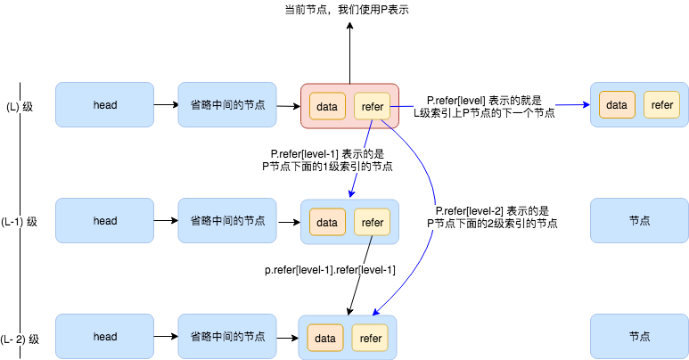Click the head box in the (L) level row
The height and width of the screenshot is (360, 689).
click(105, 105)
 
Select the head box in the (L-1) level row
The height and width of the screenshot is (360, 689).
click(105, 221)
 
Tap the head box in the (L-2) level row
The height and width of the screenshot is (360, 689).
click(105, 337)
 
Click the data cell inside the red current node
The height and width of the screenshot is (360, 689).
click(327, 106)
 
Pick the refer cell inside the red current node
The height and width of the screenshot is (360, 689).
click(372, 106)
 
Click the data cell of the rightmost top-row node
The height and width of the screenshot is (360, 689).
click(617, 105)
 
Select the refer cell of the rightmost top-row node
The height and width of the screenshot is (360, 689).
click(661, 105)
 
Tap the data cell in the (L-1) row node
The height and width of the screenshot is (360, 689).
click(327, 222)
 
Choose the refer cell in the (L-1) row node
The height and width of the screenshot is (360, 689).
click(372, 222)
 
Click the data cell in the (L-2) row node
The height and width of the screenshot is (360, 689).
click(325, 338)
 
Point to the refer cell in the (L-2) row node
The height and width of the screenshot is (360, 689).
click(370, 338)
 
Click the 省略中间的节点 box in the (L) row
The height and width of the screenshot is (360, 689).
click(227, 105)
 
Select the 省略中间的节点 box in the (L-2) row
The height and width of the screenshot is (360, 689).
click(227, 337)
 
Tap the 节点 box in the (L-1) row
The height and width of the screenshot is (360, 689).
click(639, 221)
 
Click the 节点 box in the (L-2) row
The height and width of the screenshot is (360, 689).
click(639, 337)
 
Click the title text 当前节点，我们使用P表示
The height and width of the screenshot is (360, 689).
click(349, 10)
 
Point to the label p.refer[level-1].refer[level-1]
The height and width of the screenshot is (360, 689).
click(330, 270)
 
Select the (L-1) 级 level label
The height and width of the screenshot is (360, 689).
click(20, 222)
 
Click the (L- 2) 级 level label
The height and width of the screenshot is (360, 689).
click(20, 339)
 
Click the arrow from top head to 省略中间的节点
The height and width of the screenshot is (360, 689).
click(166, 105)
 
